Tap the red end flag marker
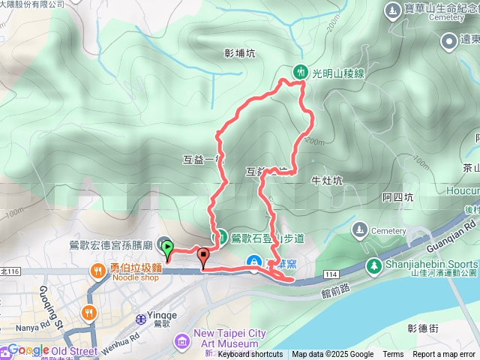tap(202, 259)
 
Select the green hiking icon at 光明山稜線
tap(299, 71)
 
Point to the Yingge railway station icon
tap(140, 318)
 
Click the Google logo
tap(28, 350)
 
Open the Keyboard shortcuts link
tap(250, 355)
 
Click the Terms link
tap(393, 355)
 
